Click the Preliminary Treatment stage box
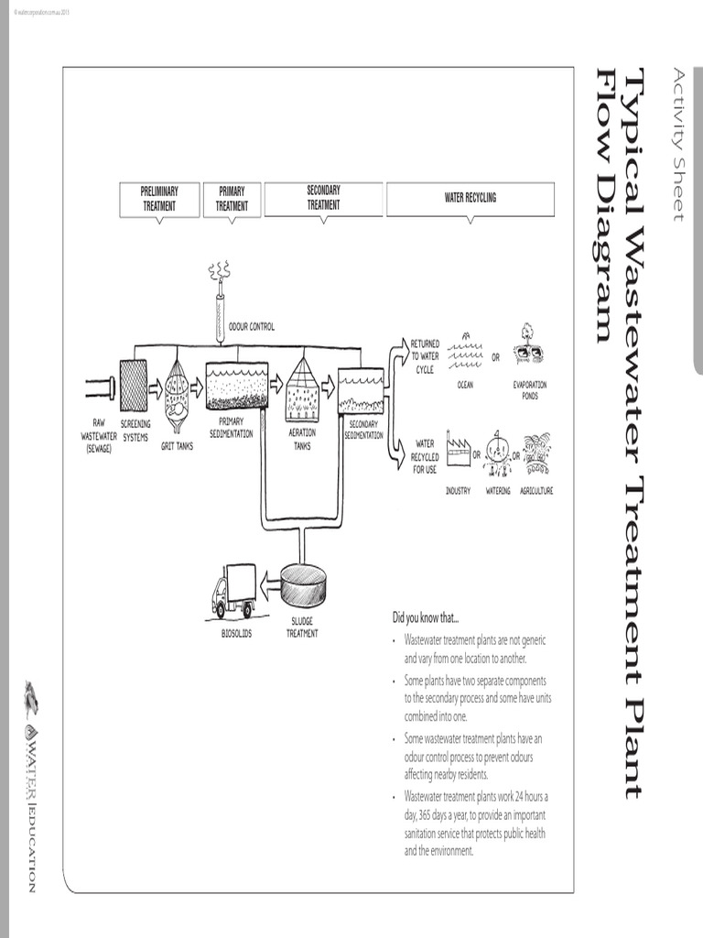click(159, 199)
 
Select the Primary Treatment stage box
click(232, 199)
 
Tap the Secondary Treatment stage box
click(323, 199)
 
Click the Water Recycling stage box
click(470, 199)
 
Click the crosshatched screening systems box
click(134, 385)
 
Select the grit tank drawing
click(177, 395)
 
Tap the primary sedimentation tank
click(237, 386)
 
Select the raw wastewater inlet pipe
click(101, 387)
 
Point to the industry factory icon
click(458, 452)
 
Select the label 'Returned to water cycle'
click(425, 356)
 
